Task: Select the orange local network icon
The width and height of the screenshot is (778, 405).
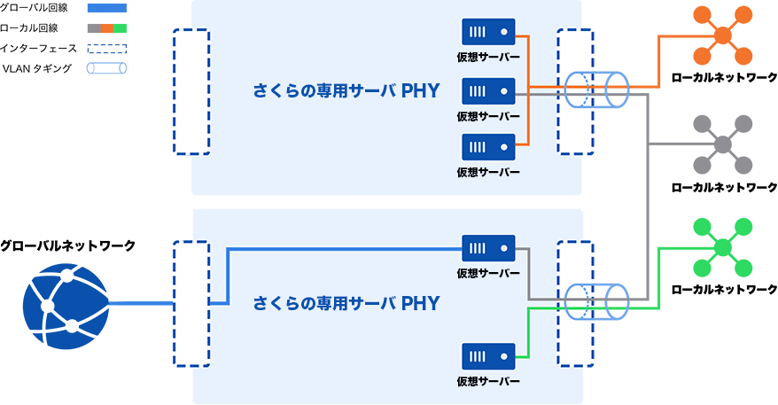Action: [x=723, y=35]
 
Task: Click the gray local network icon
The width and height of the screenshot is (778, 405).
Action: [x=723, y=144]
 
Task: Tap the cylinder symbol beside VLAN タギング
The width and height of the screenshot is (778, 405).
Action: [x=106, y=67]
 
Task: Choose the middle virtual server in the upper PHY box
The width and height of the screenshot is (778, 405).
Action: [x=488, y=91]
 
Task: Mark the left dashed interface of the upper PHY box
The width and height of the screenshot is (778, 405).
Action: [x=191, y=91]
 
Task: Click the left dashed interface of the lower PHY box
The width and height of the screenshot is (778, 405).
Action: [x=191, y=302]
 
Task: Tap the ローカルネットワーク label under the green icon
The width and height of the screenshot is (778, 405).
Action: [x=724, y=290]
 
